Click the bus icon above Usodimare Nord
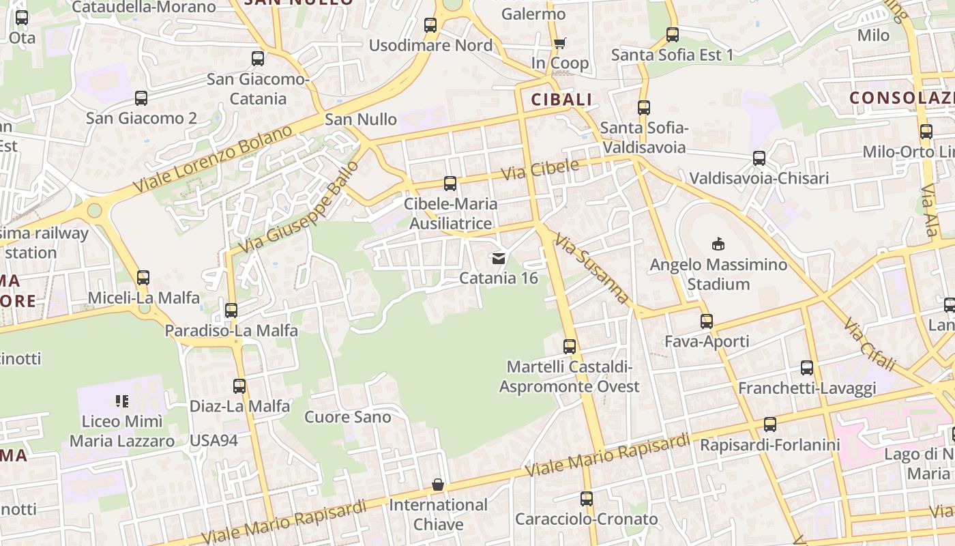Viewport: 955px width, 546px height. pyautogui.click(x=430, y=25)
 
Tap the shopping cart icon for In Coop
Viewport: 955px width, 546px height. pyautogui.click(x=559, y=44)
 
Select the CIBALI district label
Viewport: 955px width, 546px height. pyautogui.click(x=562, y=100)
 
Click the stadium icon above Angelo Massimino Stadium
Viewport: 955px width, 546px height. pyautogui.click(x=718, y=244)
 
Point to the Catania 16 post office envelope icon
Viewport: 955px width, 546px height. pyautogui.click(x=498, y=258)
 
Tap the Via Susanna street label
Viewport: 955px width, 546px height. pyautogui.click(x=591, y=268)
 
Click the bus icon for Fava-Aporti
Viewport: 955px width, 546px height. pyautogui.click(x=707, y=321)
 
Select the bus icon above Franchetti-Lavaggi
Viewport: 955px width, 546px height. pyautogui.click(x=807, y=368)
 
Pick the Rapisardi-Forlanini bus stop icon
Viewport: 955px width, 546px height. pyautogui.click(x=770, y=425)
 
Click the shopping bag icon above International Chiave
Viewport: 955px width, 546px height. pyautogui.click(x=438, y=485)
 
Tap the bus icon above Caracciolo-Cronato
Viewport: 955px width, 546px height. pyautogui.click(x=587, y=499)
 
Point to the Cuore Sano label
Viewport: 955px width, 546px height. pyautogui.click(x=348, y=417)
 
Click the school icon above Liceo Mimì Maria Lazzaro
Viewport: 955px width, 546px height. pyautogui.click(x=122, y=401)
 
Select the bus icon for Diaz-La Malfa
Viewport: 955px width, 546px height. pyautogui.click(x=239, y=386)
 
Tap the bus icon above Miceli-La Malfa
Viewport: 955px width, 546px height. pyautogui.click(x=143, y=278)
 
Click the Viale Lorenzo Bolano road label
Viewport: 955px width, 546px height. pyautogui.click(x=213, y=159)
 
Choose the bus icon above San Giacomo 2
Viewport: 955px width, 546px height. pyautogui.click(x=141, y=98)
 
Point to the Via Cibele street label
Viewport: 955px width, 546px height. pyautogui.click(x=540, y=170)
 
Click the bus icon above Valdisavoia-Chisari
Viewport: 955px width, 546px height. pyautogui.click(x=759, y=158)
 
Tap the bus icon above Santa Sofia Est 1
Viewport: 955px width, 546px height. pyautogui.click(x=673, y=35)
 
